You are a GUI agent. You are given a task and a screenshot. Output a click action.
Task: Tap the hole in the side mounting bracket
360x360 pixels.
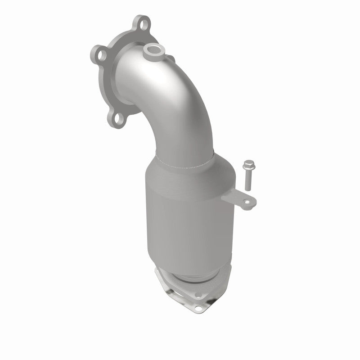(x=247, y=202)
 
